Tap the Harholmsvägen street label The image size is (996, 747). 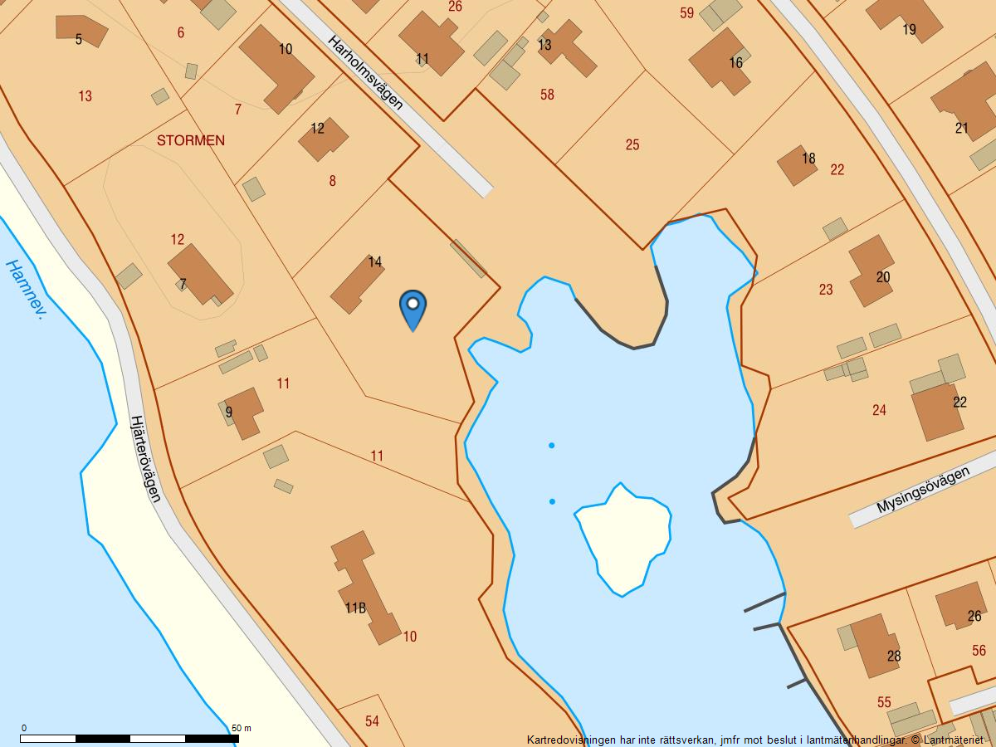(x=365, y=72)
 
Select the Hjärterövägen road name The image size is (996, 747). (x=144, y=458)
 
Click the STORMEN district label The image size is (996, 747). (x=191, y=140)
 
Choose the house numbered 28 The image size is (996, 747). (x=873, y=646)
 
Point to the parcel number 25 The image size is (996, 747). (x=632, y=145)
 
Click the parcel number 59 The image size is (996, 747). (x=686, y=13)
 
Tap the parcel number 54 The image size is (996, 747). (x=372, y=721)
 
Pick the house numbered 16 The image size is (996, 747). (x=719, y=60)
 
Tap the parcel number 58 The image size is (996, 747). (x=547, y=95)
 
